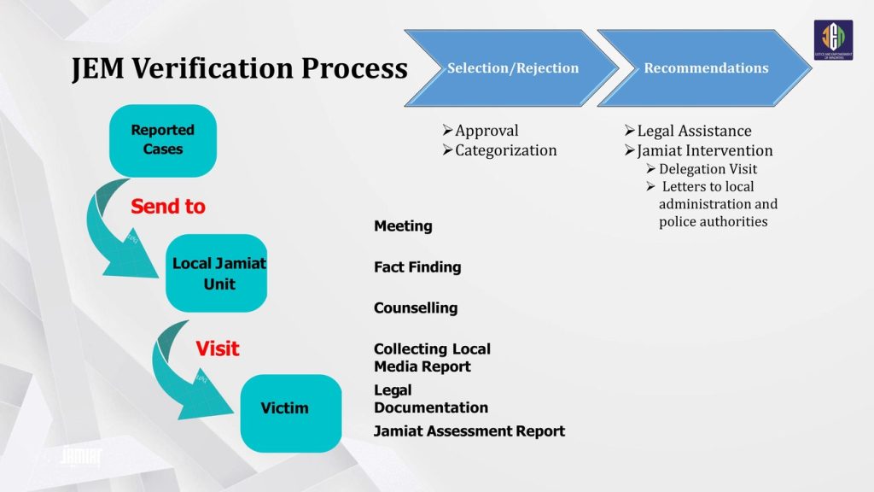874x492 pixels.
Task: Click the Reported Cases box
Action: (162, 140)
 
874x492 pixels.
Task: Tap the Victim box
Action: (284, 408)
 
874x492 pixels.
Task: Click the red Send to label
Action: (168, 207)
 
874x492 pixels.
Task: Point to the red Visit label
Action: (218, 348)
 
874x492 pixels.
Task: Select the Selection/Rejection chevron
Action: (512, 68)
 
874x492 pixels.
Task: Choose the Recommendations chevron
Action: (706, 68)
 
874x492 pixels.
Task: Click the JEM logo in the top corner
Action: (833, 40)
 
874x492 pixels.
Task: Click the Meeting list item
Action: (403, 226)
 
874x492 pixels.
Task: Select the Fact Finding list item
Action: (417, 267)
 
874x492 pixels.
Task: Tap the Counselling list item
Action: (416, 308)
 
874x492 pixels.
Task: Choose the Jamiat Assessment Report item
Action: (469, 431)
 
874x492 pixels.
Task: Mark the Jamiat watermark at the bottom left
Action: (81, 456)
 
